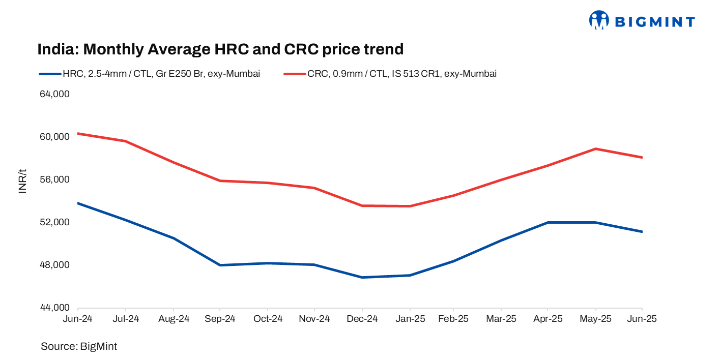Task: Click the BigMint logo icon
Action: pyautogui.click(x=599, y=20)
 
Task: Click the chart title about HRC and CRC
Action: pyautogui.click(x=220, y=49)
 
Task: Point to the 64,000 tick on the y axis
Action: pyautogui.click(x=54, y=95)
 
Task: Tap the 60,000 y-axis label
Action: pyautogui.click(x=54, y=137)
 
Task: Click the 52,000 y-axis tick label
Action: pyautogui.click(x=54, y=223)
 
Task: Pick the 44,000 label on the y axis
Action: pyautogui.click(x=54, y=308)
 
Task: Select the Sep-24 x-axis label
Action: pyautogui.click(x=219, y=319)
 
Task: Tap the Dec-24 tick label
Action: pyautogui.click(x=362, y=319)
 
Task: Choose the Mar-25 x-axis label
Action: pyautogui.click(x=501, y=319)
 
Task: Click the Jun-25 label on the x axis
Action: pyautogui.click(x=642, y=319)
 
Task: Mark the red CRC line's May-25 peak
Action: pyautogui.click(x=595, y=149)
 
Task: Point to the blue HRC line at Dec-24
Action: pyautogui.click(x=362, y=277)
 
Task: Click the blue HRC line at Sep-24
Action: pyautogui.click(x=220, y=265)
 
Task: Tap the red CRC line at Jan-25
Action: pyautogui.click(x=410, y=206)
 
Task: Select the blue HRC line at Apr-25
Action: pyautogui.click(x=547, y=223)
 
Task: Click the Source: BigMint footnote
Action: pyautogui.click(x=79, y=347)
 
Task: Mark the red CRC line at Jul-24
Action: pyautogui.click(x=125, y=141)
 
